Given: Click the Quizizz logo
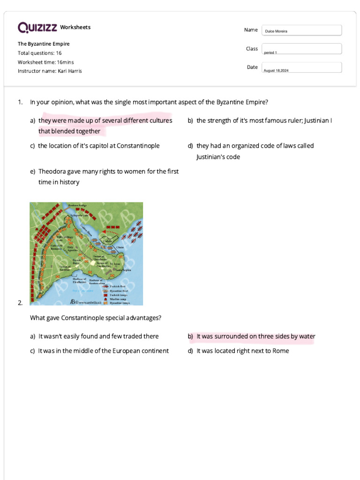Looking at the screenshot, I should click(38, 28).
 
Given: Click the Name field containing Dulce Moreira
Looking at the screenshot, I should click(301, 30).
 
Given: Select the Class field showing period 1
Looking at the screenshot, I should click(301, 49).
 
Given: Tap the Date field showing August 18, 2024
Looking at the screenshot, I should click(301, 67).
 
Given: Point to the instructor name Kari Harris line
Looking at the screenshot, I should click(50, 71).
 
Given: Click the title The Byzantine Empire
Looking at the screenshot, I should click(44, 44).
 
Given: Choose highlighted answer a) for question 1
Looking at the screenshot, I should click(105, 126).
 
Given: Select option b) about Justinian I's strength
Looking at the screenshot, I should click(264, 120).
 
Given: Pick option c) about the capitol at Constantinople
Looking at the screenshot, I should click(98, 146).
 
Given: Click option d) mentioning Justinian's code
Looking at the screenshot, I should click(255, 151).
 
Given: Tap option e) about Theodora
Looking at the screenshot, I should click(108, 177).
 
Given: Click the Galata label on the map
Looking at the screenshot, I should click(107, 241).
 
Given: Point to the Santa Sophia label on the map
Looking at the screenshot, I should click(123, 270).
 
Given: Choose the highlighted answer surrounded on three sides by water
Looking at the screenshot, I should click(255, 336).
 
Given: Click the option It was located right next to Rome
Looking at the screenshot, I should click(242, 351).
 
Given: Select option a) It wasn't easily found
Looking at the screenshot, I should click(98, 336).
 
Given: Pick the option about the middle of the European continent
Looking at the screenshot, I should click(103, 351).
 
